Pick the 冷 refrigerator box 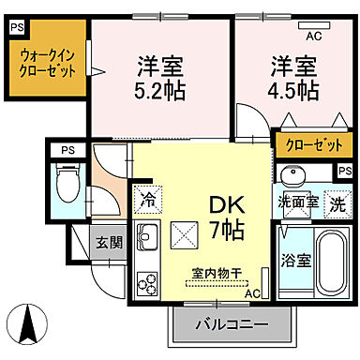(147, 199)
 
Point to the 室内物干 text (217, 273)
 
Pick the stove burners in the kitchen (147, 281)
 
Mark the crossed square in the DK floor (183, 233)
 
